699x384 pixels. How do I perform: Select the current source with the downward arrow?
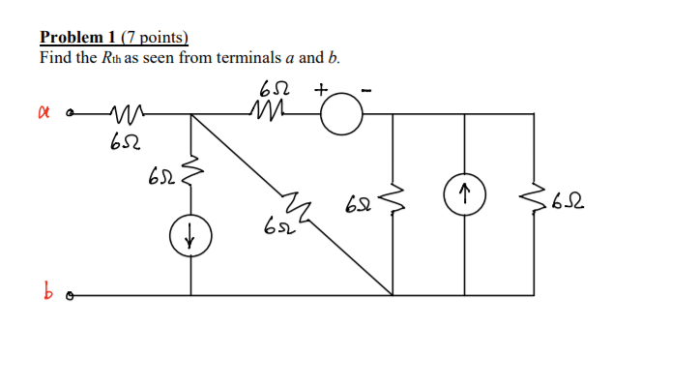click(x=190, y=236)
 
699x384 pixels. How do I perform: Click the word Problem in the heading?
click(x=71, y=38)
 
